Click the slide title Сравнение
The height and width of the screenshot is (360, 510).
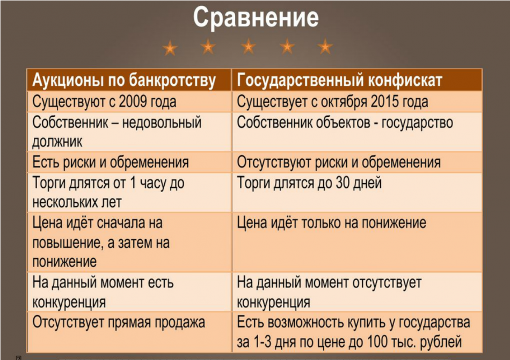256,18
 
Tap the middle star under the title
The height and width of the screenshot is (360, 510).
248,47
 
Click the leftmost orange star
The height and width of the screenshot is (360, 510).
170,48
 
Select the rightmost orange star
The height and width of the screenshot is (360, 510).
325,47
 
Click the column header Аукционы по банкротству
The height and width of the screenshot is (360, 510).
124,80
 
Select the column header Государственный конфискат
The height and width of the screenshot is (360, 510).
340,80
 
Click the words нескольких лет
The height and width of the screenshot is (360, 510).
77,202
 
